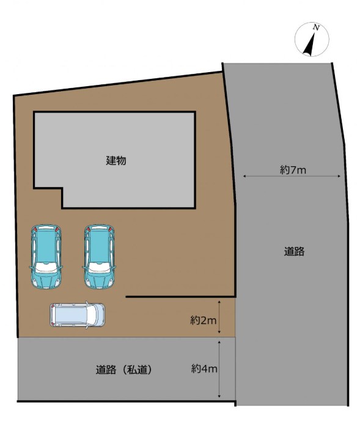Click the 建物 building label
(116, 161)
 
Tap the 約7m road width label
(293, 170)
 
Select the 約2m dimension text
(204, 320)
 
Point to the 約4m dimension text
(204, 369)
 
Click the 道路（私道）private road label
(124, 369)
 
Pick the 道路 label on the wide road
(294, 251)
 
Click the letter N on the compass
(316, 28)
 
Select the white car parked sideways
(77, 315)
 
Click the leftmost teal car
(46, 256)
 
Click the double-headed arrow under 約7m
(292, 176)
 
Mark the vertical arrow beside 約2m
(219, 317)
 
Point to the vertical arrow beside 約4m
(219, 369)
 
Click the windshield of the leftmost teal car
(46, 267)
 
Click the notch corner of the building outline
(62, 188)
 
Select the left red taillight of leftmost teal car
(35, 229)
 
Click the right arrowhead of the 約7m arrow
(339, 176)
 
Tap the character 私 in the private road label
(132, 369)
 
